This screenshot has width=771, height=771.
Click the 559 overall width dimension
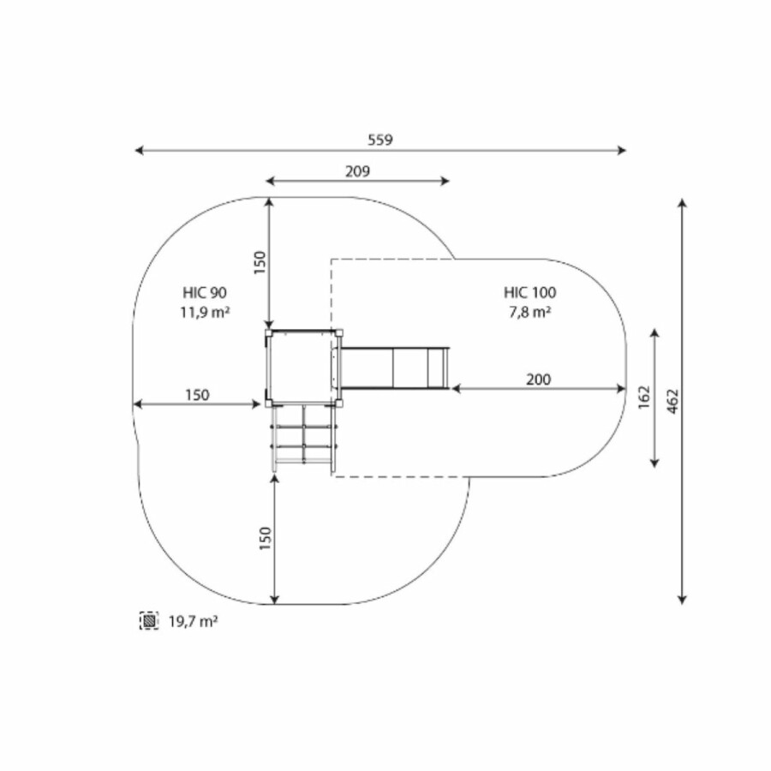[x=380, y=140]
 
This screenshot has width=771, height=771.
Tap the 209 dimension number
[x=357, y=171]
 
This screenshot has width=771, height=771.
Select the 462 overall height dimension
[x=673, y=401]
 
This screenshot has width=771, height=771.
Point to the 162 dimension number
[x=643, y=397]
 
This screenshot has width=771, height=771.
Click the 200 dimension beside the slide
[x=539, y=380]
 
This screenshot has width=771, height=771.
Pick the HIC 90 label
[x=205, y=293]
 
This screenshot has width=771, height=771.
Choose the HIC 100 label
[x=529, y=293]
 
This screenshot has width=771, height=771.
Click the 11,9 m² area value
[x=205, y=312]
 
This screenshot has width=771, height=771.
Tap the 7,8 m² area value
[x=529, y=312]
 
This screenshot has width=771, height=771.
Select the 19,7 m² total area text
[x=194, y=622]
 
